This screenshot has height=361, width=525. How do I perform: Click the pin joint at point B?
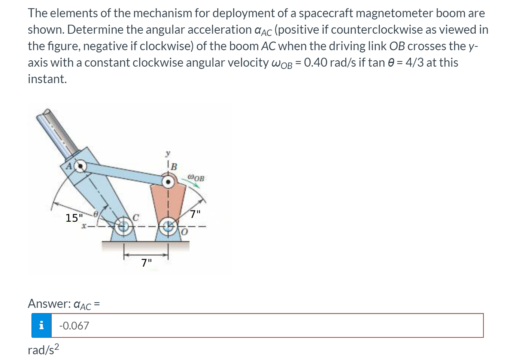pos(169,182)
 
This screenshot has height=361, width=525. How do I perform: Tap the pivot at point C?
pos(124,226)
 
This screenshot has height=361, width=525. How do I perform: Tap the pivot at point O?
pos(168,226)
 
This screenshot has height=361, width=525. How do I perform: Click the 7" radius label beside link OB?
pos(195,215)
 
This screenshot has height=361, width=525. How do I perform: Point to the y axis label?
pos(168,154)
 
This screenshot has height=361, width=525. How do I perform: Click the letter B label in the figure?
pos(174,166)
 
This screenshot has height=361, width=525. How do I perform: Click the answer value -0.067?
pos(75,326)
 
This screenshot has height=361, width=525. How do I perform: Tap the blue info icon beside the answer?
pos(41,326)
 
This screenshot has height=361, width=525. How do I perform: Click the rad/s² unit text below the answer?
pos(43,350)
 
